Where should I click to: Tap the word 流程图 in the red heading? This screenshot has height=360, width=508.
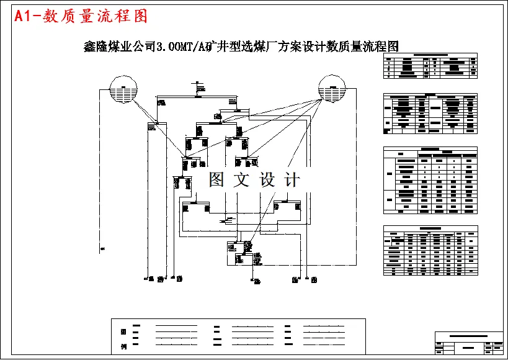pos(128,17)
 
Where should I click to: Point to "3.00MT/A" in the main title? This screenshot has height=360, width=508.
pos(184,47)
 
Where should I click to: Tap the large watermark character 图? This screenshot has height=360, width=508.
pos(216,180)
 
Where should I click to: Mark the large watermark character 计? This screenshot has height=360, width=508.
pos(292,180)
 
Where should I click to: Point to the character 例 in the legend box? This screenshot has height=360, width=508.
pos(123,345)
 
